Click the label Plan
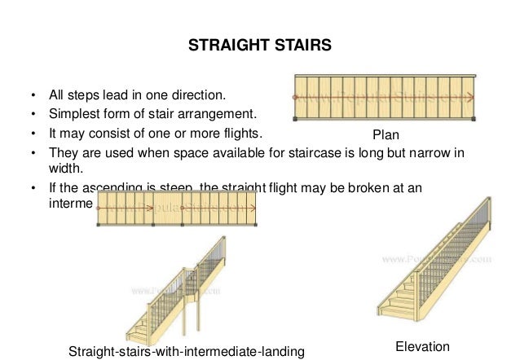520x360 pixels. (385, 135)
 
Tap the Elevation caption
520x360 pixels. (422, 346)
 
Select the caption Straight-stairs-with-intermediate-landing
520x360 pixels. (187, 351)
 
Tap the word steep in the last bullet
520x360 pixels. (175, 187)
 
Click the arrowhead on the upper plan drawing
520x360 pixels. (470, 97)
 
